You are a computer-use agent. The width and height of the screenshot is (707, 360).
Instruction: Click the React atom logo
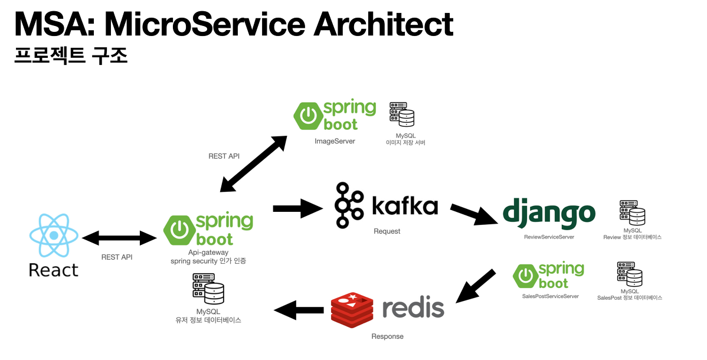click(54, 235)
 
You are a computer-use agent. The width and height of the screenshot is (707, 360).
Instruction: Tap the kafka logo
click(386, 205)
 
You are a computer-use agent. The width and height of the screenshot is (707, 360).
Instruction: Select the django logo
click(549, 213)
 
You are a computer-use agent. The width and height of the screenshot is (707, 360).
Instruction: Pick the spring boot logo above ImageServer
click(335, 116)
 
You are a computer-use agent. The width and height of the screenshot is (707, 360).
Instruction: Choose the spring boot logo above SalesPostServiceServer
click(549, 276)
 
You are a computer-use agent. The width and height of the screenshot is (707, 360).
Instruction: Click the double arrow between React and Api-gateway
click(120, 238)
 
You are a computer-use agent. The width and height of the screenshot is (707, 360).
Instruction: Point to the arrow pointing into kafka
click(296, 208)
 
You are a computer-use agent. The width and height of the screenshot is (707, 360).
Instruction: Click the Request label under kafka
click(387, 231)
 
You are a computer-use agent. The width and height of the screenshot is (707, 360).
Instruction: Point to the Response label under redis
click(387, 336)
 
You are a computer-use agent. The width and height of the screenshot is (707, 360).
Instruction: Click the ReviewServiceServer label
click(549, 237)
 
